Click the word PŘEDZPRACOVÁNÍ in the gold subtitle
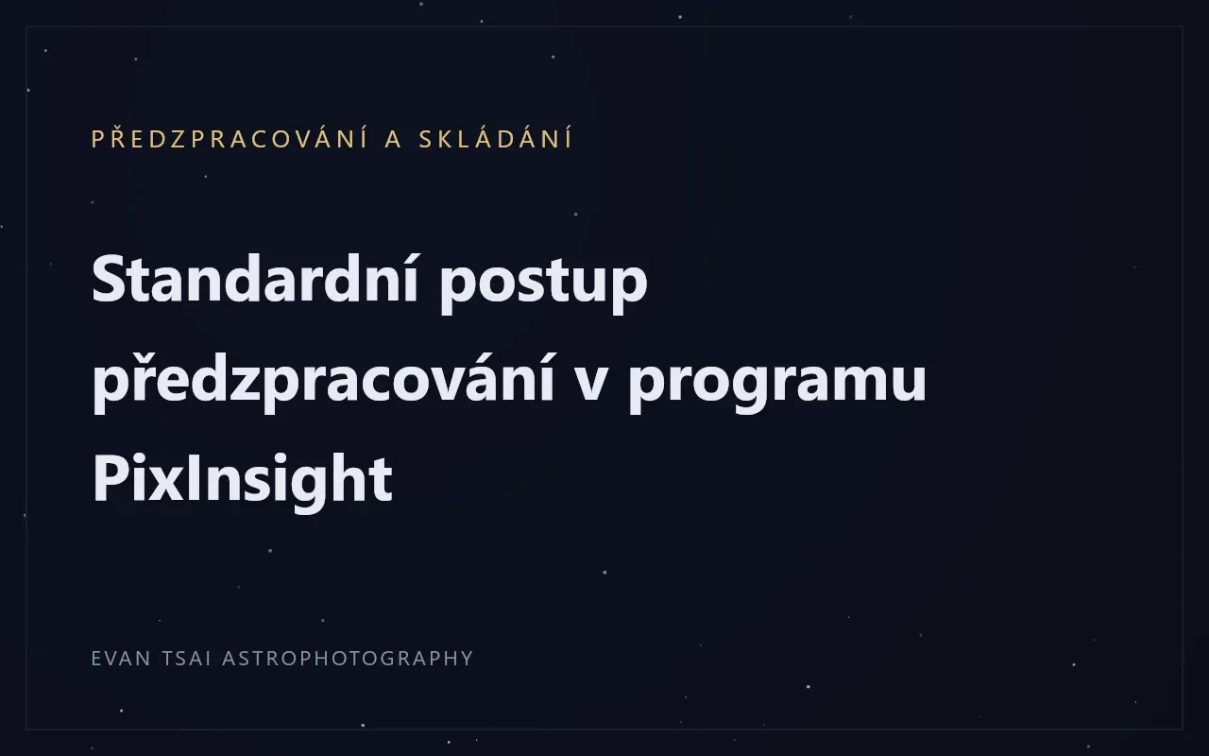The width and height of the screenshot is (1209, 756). coord(230,138)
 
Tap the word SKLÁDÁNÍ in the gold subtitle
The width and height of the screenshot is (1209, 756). coord(496,138)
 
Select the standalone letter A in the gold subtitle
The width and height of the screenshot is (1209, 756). coord(394,139)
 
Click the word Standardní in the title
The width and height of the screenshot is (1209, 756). coord(255,278)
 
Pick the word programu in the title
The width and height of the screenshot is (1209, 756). coord(777,387)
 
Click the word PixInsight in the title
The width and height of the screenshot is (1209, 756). coord(243,481)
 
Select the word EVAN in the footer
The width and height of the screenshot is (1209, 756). coord(121,659)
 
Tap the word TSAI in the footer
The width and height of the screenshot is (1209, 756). coord(186,659)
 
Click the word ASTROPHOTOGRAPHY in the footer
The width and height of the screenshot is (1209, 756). coord(348,659)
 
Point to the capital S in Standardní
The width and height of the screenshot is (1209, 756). coord(109,279)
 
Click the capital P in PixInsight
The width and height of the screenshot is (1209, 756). coord(110,477)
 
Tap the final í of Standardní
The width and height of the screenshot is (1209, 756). coord(411,278)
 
